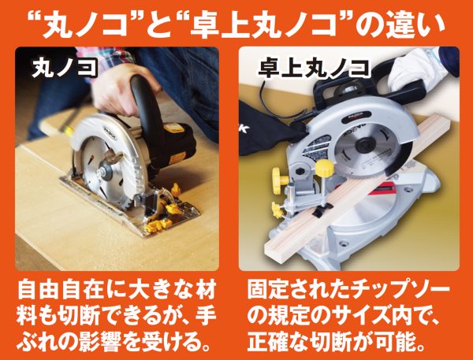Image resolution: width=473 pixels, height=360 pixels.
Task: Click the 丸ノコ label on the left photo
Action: [65, 69]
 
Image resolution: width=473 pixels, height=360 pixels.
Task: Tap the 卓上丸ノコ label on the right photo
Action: [314, 69]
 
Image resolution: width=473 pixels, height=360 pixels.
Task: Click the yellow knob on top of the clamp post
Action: [324, 168]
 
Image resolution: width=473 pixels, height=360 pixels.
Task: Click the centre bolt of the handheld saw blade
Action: [102, 171]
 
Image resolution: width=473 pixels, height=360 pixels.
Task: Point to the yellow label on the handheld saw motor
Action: [173, 128]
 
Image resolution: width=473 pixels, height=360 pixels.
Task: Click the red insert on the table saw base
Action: [385, 188]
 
